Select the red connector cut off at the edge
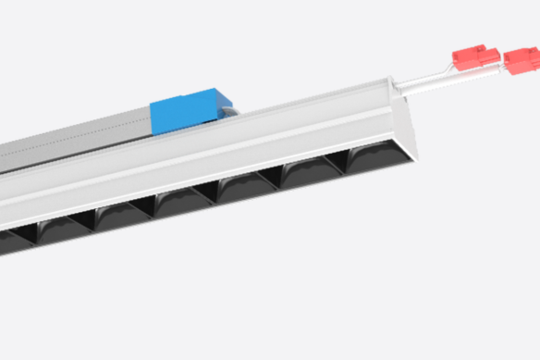tap(524, 62)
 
